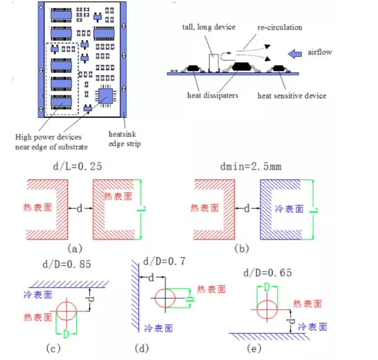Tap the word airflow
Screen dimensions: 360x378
pyautogui.click(x=320, y=52)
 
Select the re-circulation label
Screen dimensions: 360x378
pyautogui.click(x=272, y=27)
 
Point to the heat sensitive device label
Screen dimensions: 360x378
pyautogui.click(x=292, y=96)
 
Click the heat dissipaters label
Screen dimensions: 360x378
pyautogui.click(x=212, y=95)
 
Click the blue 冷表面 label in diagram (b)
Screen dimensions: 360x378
pyautogui.click(x=289, y=209)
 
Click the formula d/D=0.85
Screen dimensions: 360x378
pyautogui.click(x=67, y=264)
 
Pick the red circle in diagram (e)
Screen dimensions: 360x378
pyautogui.click(x=267, y=307)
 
